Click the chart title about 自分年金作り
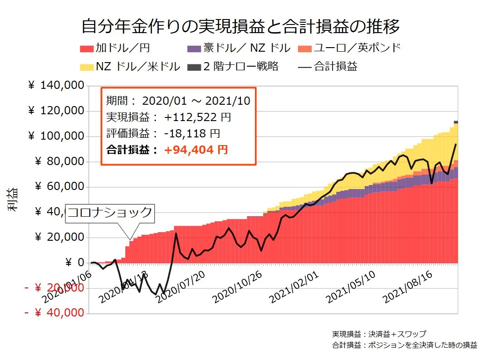pos(240,27)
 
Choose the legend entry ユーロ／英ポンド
pos(349,48)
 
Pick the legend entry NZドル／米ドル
pos(131,67)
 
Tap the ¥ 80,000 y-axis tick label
pos(59,161)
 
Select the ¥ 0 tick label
pos(74,262)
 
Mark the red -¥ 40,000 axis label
pos(54,313)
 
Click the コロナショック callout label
pos(111,212)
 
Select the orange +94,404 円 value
pos(196,150)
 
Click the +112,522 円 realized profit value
pos(198,117)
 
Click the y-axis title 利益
pos(13,199)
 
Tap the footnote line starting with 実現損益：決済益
pos(379,334)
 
